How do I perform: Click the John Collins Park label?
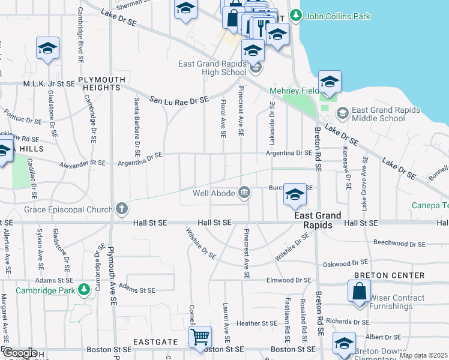[338, 17]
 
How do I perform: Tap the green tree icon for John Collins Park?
[295, 15]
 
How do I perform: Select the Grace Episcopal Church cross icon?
[122, 209]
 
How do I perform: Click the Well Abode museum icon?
[244, 193]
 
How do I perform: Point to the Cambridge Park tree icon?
[85, 290]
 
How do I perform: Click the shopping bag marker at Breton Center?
[359, 292]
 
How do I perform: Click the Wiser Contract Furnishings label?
[406, 302]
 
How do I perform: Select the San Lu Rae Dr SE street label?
[178, 100]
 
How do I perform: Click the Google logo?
[20, 353]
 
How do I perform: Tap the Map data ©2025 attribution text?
[423, 355]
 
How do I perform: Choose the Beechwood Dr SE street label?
[399, 244]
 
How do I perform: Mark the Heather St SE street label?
[256, 323]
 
